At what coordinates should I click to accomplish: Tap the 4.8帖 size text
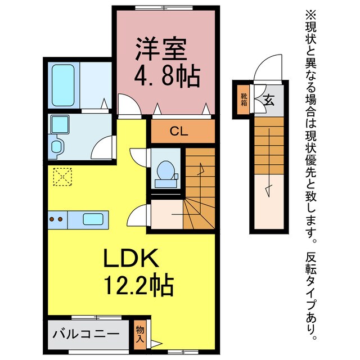pos(166,76)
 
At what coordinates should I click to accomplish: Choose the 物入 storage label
pos(140,333)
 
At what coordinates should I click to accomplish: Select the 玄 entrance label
pos(269,101)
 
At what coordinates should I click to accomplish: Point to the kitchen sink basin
pos(93,219)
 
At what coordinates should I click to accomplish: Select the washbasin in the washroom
pos(58,125)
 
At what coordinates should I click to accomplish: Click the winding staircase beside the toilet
pos(199,191)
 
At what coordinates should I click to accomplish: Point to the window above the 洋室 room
pos(166,8)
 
